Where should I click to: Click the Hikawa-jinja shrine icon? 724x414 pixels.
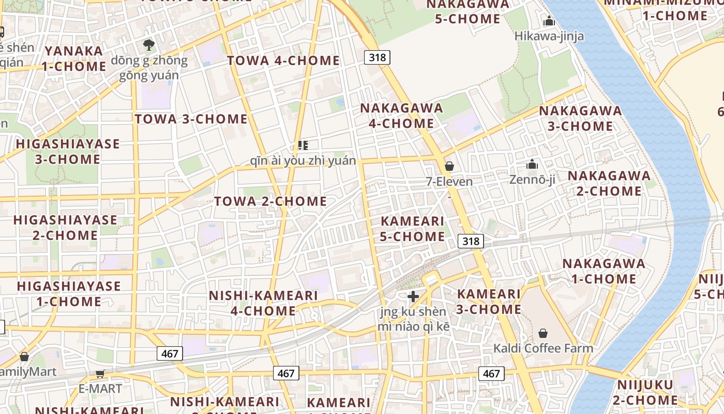pyautogui.click(x=549, y=21)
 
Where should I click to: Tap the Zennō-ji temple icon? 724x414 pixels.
pyautogui.click(x=532, y=165)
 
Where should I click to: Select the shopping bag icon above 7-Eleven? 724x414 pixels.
pyautogui.click(x=449, y=166)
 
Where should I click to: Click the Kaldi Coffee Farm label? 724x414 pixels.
pyautogui.click(x=543, y=348)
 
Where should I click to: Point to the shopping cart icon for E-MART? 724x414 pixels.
pyautogui.click(x=100, y=374)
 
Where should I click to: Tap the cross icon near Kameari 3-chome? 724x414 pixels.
pyautogui.click(x=413, y=297)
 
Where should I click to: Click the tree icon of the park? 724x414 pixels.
pyautogui.click(x=149, y=45)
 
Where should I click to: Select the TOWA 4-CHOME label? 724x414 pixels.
pyautogui.click(x=283, y=61)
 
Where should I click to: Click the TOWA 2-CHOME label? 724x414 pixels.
pyautogui.click(x=270, y=201)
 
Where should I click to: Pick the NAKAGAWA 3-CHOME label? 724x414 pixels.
pyautogui.click(x=580, y=119)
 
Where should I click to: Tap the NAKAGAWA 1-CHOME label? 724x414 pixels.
pyautogui.click(x=604, y=271)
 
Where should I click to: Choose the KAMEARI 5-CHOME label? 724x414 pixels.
pyautogui.click(x=412, y=229)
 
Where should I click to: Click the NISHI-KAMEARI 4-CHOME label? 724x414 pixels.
pyautogui.click(x=263, y=303)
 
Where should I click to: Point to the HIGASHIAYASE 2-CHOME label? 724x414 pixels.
pyautogui.click(x=65, y=228)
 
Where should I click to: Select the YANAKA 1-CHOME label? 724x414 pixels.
pyautogui.click(x=74, y=59)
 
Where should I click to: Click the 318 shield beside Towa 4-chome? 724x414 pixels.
pyautogui.click(x=377, y=57)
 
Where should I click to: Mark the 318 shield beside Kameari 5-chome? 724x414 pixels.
pyautogui.click(x=471, y=241)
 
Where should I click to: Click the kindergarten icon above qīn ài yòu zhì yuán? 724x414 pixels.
pyautogui.click(x=303, y=145)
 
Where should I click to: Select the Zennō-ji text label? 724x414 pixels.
pyautogui.click(x=532, y=180)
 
